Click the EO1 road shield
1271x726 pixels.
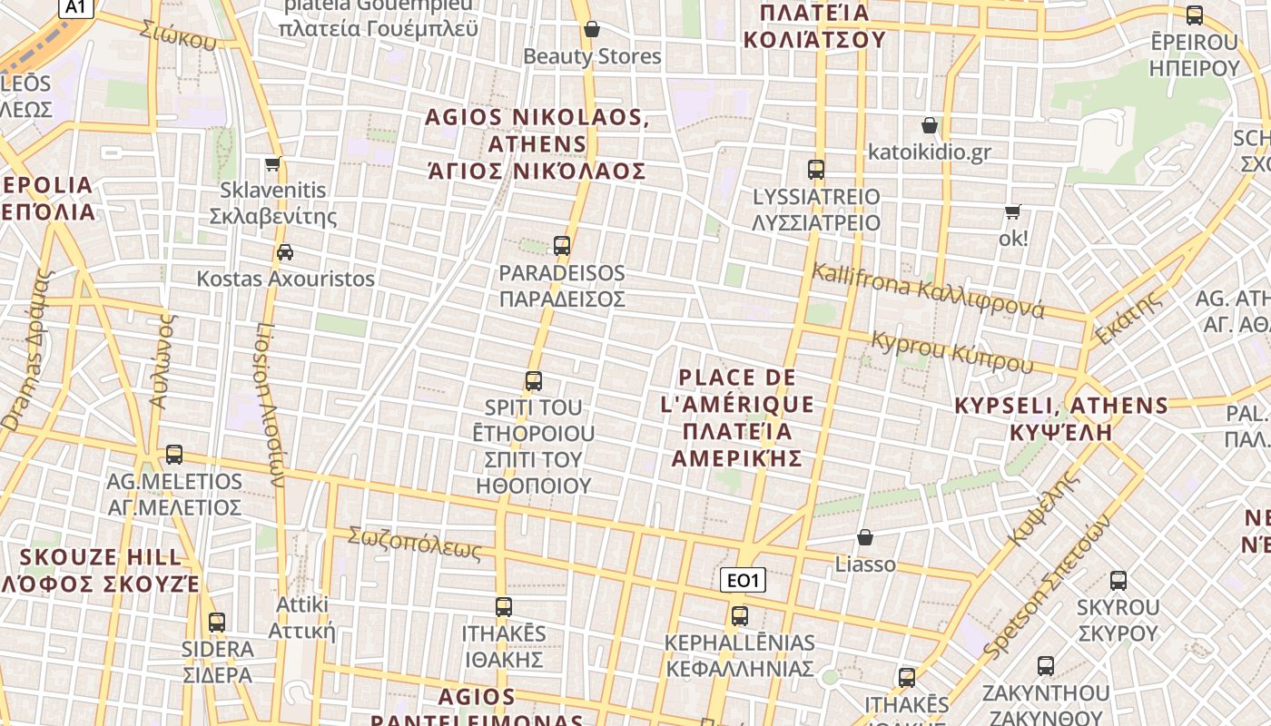[x=743, y=580]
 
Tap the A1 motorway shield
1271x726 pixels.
[x=75, y=7]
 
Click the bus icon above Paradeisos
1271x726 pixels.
[x=562, y=245]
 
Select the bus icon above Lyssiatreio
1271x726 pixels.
[x=816, y=169]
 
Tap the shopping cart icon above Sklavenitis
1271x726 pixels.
[x=272, y=164]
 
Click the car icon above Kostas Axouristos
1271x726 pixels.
[x=285, y=251]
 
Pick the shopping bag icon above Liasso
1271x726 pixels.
[x=865, y=537]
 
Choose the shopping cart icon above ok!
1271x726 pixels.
[x=1012, y=212]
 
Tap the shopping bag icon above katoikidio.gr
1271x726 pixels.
[x=930, y=125]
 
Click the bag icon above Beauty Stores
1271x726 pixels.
[x=592, y=29]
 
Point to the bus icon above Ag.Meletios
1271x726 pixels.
[x=174, y=454]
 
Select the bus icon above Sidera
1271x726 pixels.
[x=217, y=623]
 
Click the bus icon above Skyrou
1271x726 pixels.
[x=1118, y=581]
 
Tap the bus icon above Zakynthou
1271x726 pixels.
[x=1046, y=666]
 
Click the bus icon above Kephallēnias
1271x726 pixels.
[x=740, y=615]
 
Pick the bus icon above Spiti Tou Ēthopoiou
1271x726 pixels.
[x=534, y=381]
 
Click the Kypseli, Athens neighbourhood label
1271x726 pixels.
[x=1061, y=417]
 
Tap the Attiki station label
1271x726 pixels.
[x=302, y=617]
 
